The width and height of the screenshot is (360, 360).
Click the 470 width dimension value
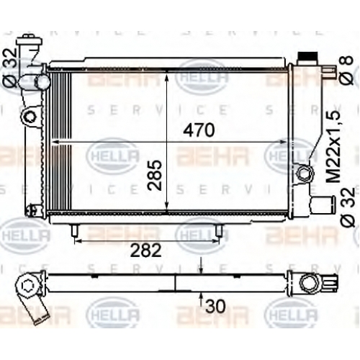coord(199,130)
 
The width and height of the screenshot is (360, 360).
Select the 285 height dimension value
coord(155,175)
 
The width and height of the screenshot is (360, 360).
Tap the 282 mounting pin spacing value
coord(146,250)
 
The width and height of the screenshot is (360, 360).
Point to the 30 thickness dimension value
coord(215,306)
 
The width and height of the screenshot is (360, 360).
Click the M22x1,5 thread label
coord(333,146)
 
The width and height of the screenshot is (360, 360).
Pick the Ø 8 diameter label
coord(346,70)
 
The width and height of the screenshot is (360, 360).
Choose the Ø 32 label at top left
coord(9,68)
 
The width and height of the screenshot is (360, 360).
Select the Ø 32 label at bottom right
coord(348,207)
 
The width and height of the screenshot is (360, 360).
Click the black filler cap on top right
coord(307,58)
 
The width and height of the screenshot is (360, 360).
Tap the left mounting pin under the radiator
coord(75,230)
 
